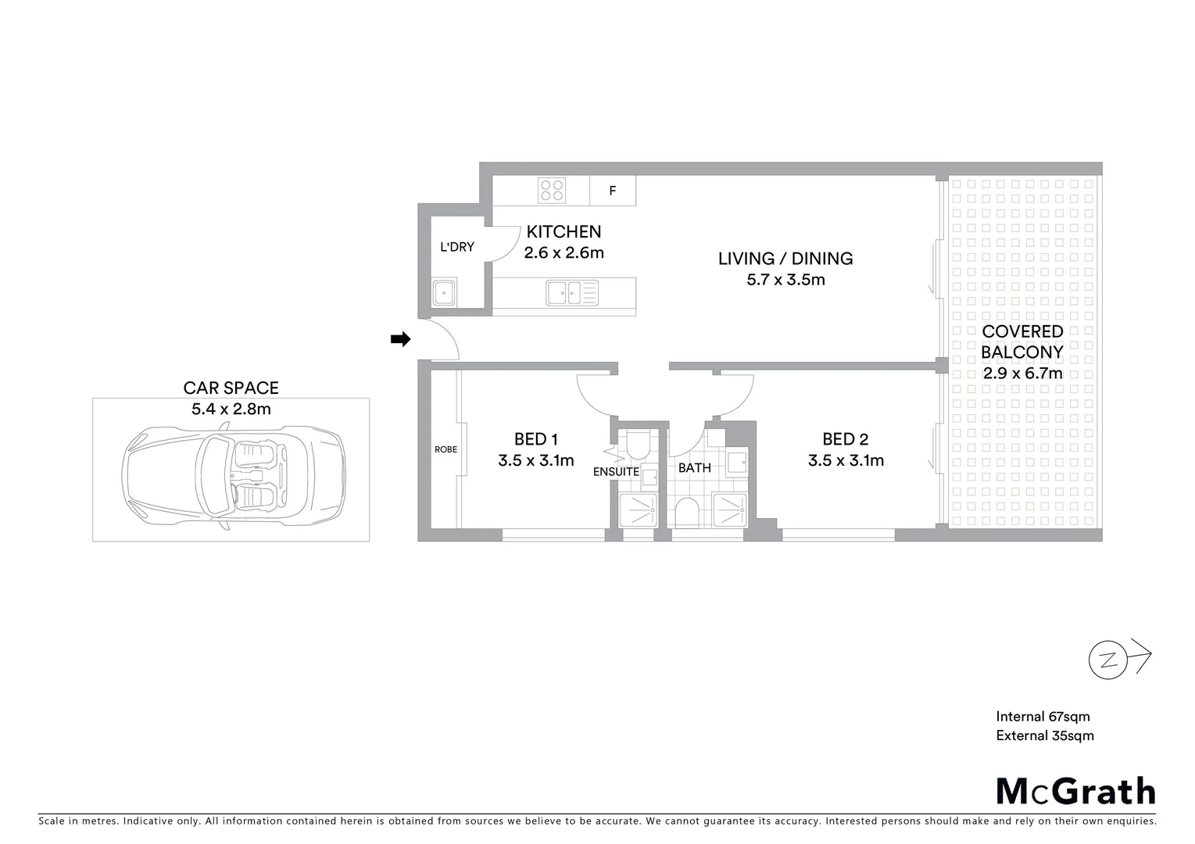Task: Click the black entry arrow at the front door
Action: coord(400,339)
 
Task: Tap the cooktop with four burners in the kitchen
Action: coord(552,191)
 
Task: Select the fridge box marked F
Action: coord(613,191)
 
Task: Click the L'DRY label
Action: coord(457,247)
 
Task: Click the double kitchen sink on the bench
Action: coord(572,293)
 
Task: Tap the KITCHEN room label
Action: coord(564,231)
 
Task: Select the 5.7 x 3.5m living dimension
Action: coord(785,280)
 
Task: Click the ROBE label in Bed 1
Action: coord(446,449)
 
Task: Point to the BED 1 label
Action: coord(536,439)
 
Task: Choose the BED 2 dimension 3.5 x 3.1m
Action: coord(846,461)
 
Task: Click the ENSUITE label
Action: coord(616,471)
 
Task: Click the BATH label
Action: coord(694,468)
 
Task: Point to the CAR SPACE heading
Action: coord(231,388)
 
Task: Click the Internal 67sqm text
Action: coord(1043,717)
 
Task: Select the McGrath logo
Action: coord(1075,791)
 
